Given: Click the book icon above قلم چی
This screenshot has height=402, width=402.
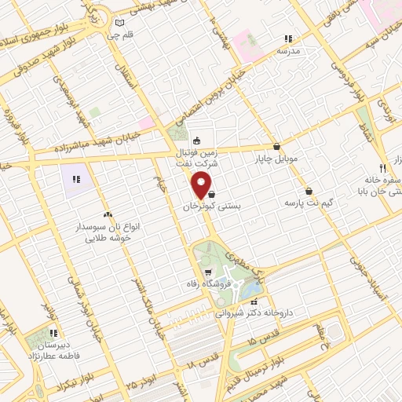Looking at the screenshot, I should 119,22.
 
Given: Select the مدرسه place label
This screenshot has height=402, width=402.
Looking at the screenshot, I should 288,50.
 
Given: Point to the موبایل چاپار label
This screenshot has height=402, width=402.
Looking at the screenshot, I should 276,159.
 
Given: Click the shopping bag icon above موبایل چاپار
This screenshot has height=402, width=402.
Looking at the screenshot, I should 276,146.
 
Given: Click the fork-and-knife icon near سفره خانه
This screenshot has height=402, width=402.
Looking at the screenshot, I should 382,168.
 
